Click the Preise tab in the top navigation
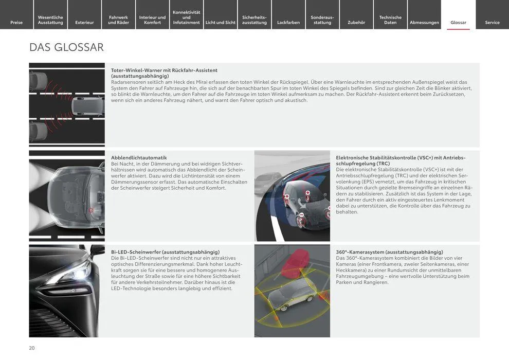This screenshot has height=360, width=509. coord(16,22)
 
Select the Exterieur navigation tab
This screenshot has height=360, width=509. coord(84,22)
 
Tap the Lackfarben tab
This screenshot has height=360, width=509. coord(288,22)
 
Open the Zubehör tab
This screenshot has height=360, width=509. coord(356,22)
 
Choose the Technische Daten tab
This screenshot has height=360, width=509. coord(390,20)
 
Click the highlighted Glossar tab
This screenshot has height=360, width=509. coord(458,22)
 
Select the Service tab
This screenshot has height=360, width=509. coord(492,22)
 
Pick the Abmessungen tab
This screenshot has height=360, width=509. coord(424,22)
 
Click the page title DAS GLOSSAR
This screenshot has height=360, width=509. coord(66,47)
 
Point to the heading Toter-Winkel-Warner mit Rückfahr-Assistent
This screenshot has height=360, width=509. coord(164,70)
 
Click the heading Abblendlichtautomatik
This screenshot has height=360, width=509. coord(139,157)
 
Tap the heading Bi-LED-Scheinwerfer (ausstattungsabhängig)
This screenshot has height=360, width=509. coord(165,252)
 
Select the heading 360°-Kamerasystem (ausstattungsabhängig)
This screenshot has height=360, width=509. coord(389,252)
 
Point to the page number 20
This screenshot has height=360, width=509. coord(32,348)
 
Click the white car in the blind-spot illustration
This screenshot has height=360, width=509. coord(87,106)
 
